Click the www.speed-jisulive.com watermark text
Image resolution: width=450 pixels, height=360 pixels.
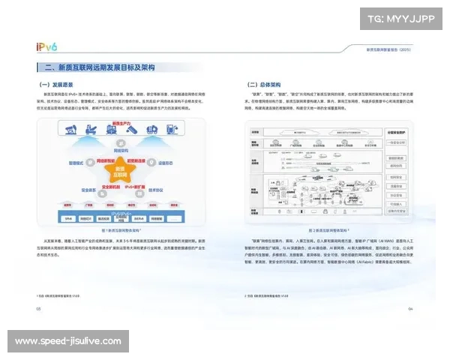[x=67, y=341]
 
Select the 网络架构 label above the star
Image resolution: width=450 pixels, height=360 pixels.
[x=117, y=150]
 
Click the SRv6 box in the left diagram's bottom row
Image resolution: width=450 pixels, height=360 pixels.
[x=70, y=218]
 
